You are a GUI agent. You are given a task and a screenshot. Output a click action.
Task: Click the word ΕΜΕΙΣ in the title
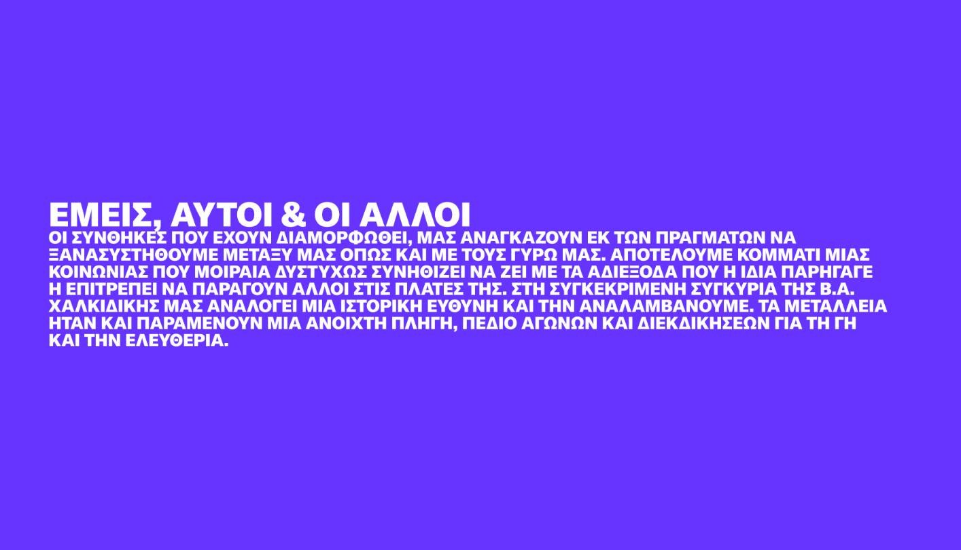click(103, 215)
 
